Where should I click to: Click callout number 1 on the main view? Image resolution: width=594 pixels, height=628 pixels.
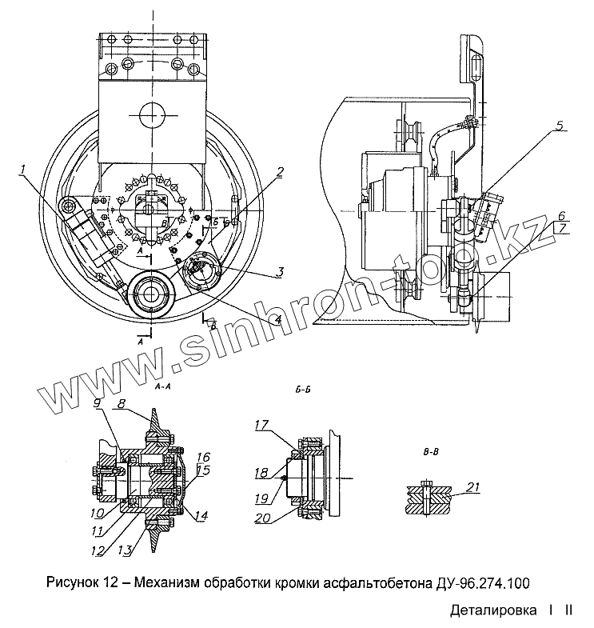click(x=24, y=169)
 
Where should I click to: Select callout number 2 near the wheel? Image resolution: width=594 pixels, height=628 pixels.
click(x=280, y=171)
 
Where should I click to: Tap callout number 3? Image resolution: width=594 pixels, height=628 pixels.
click(x=278, y=271)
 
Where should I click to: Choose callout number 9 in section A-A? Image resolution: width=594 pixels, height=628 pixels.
click(x=96, y=405)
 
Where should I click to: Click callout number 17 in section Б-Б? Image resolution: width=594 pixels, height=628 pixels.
click(x=262, y=426)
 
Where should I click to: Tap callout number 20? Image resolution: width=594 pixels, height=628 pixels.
click(x=263, y=518)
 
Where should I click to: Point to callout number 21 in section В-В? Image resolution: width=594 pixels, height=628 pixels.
click(x=473, y=487)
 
